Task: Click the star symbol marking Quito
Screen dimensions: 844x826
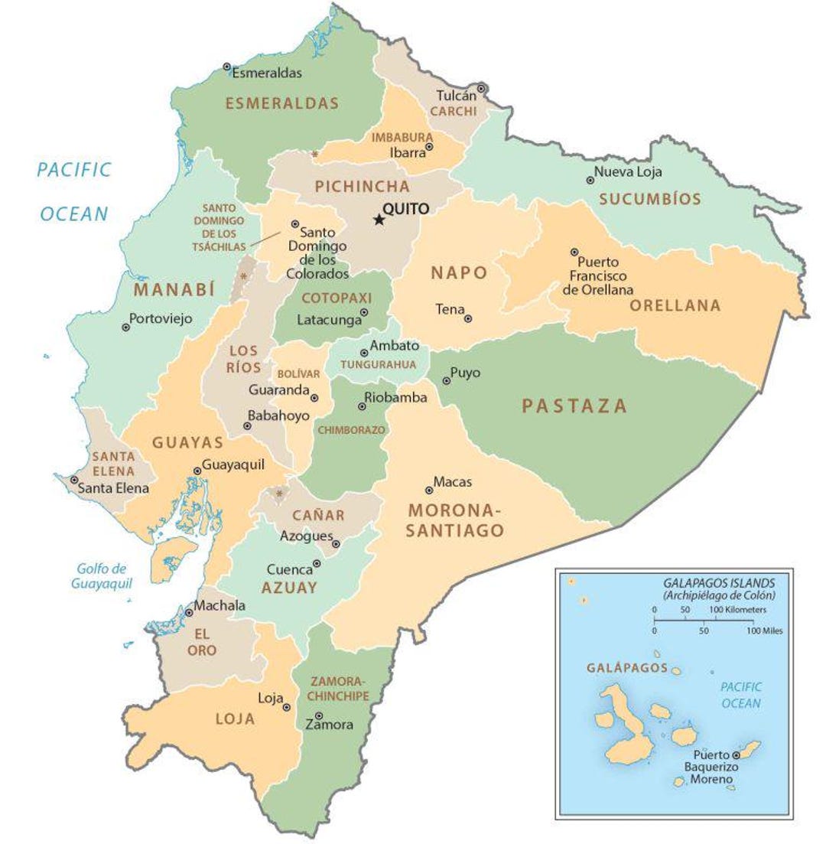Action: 379,220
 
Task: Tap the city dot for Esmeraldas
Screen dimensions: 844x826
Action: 227,67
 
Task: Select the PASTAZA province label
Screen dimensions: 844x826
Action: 574,406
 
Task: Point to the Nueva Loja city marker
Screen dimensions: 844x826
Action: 590,181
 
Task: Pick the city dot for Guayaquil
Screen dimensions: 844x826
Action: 197,471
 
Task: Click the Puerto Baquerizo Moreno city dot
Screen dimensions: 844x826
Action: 736,754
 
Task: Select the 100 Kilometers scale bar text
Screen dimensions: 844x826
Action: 739,610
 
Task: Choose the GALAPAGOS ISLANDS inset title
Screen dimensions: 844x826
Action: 719,582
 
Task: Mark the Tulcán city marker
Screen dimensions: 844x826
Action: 481,90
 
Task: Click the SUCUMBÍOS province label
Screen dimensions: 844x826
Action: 649,200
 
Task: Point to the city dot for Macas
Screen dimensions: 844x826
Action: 429,490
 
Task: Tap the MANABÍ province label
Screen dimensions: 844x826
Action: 174,289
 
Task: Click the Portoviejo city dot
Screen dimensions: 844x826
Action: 125,327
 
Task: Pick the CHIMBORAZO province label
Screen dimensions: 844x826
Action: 352,430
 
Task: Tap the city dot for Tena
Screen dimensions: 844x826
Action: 468,318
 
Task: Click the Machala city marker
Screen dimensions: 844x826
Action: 189,612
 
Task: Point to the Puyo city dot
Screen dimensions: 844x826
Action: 446,380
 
